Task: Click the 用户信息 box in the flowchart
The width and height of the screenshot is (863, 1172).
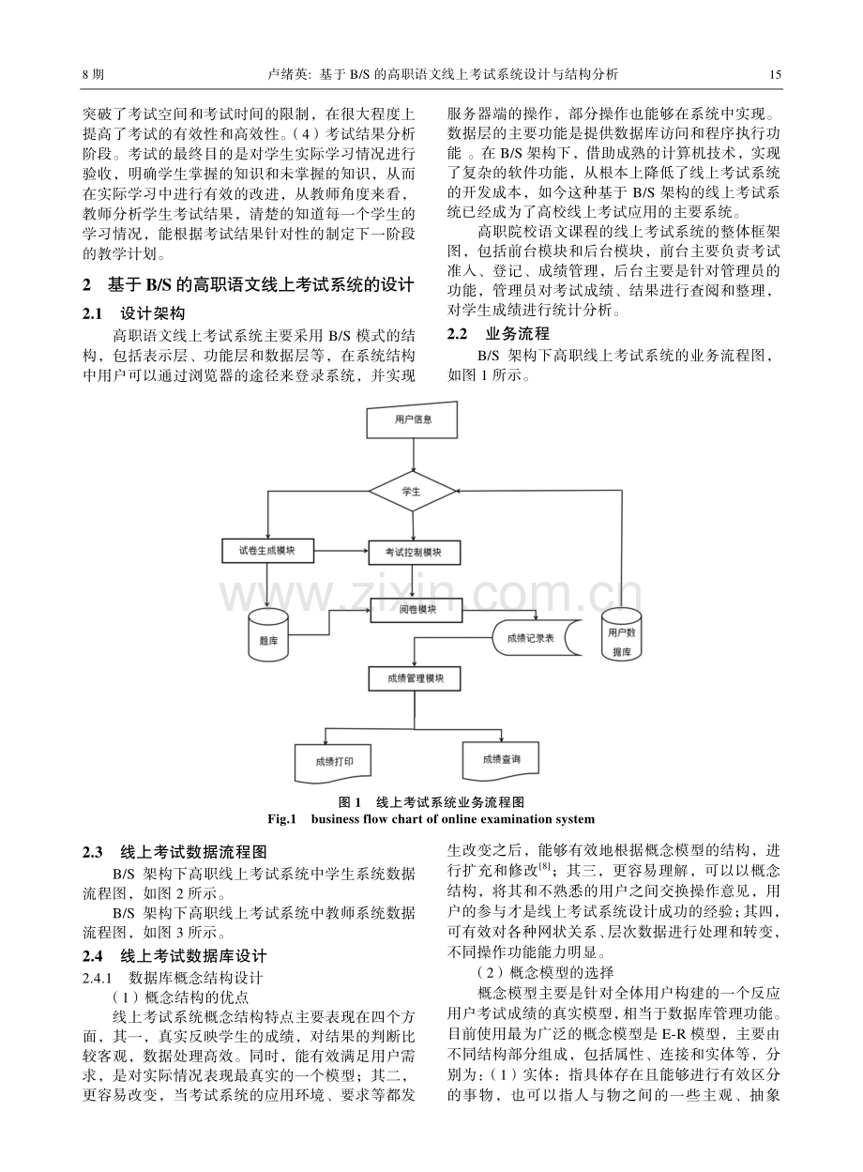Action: [x=412, y=419]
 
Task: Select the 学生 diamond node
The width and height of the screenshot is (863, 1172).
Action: [x=412, y=492]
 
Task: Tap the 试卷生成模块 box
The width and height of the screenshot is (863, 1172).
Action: [x=267, y=551]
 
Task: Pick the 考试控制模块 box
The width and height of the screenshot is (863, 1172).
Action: [x=415, y=553]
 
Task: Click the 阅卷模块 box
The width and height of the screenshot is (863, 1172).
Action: [x=416, y=610]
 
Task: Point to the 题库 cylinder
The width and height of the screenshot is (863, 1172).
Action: [x=268, y=634]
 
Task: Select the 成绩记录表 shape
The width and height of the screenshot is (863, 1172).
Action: [x=537, y=638]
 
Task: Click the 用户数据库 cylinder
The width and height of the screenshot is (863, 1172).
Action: [x=621, y=634]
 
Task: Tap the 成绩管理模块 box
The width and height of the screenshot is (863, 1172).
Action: [x=415, y=679]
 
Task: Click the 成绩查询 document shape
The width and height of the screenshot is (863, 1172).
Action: [x=501, y=761]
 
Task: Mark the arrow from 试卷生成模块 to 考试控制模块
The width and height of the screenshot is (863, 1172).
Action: [x=341, y=551]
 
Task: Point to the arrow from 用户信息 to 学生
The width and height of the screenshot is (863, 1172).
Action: [x=413, y=455]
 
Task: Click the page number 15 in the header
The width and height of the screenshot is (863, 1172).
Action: [x=775, y=75]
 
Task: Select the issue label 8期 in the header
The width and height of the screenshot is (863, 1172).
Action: [x=94, y=75]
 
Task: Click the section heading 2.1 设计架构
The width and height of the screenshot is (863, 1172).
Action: [x=134, y=313]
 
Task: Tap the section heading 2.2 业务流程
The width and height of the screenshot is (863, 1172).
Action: [x=498, y=333]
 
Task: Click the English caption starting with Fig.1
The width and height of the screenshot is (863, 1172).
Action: [x=431, y=819]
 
